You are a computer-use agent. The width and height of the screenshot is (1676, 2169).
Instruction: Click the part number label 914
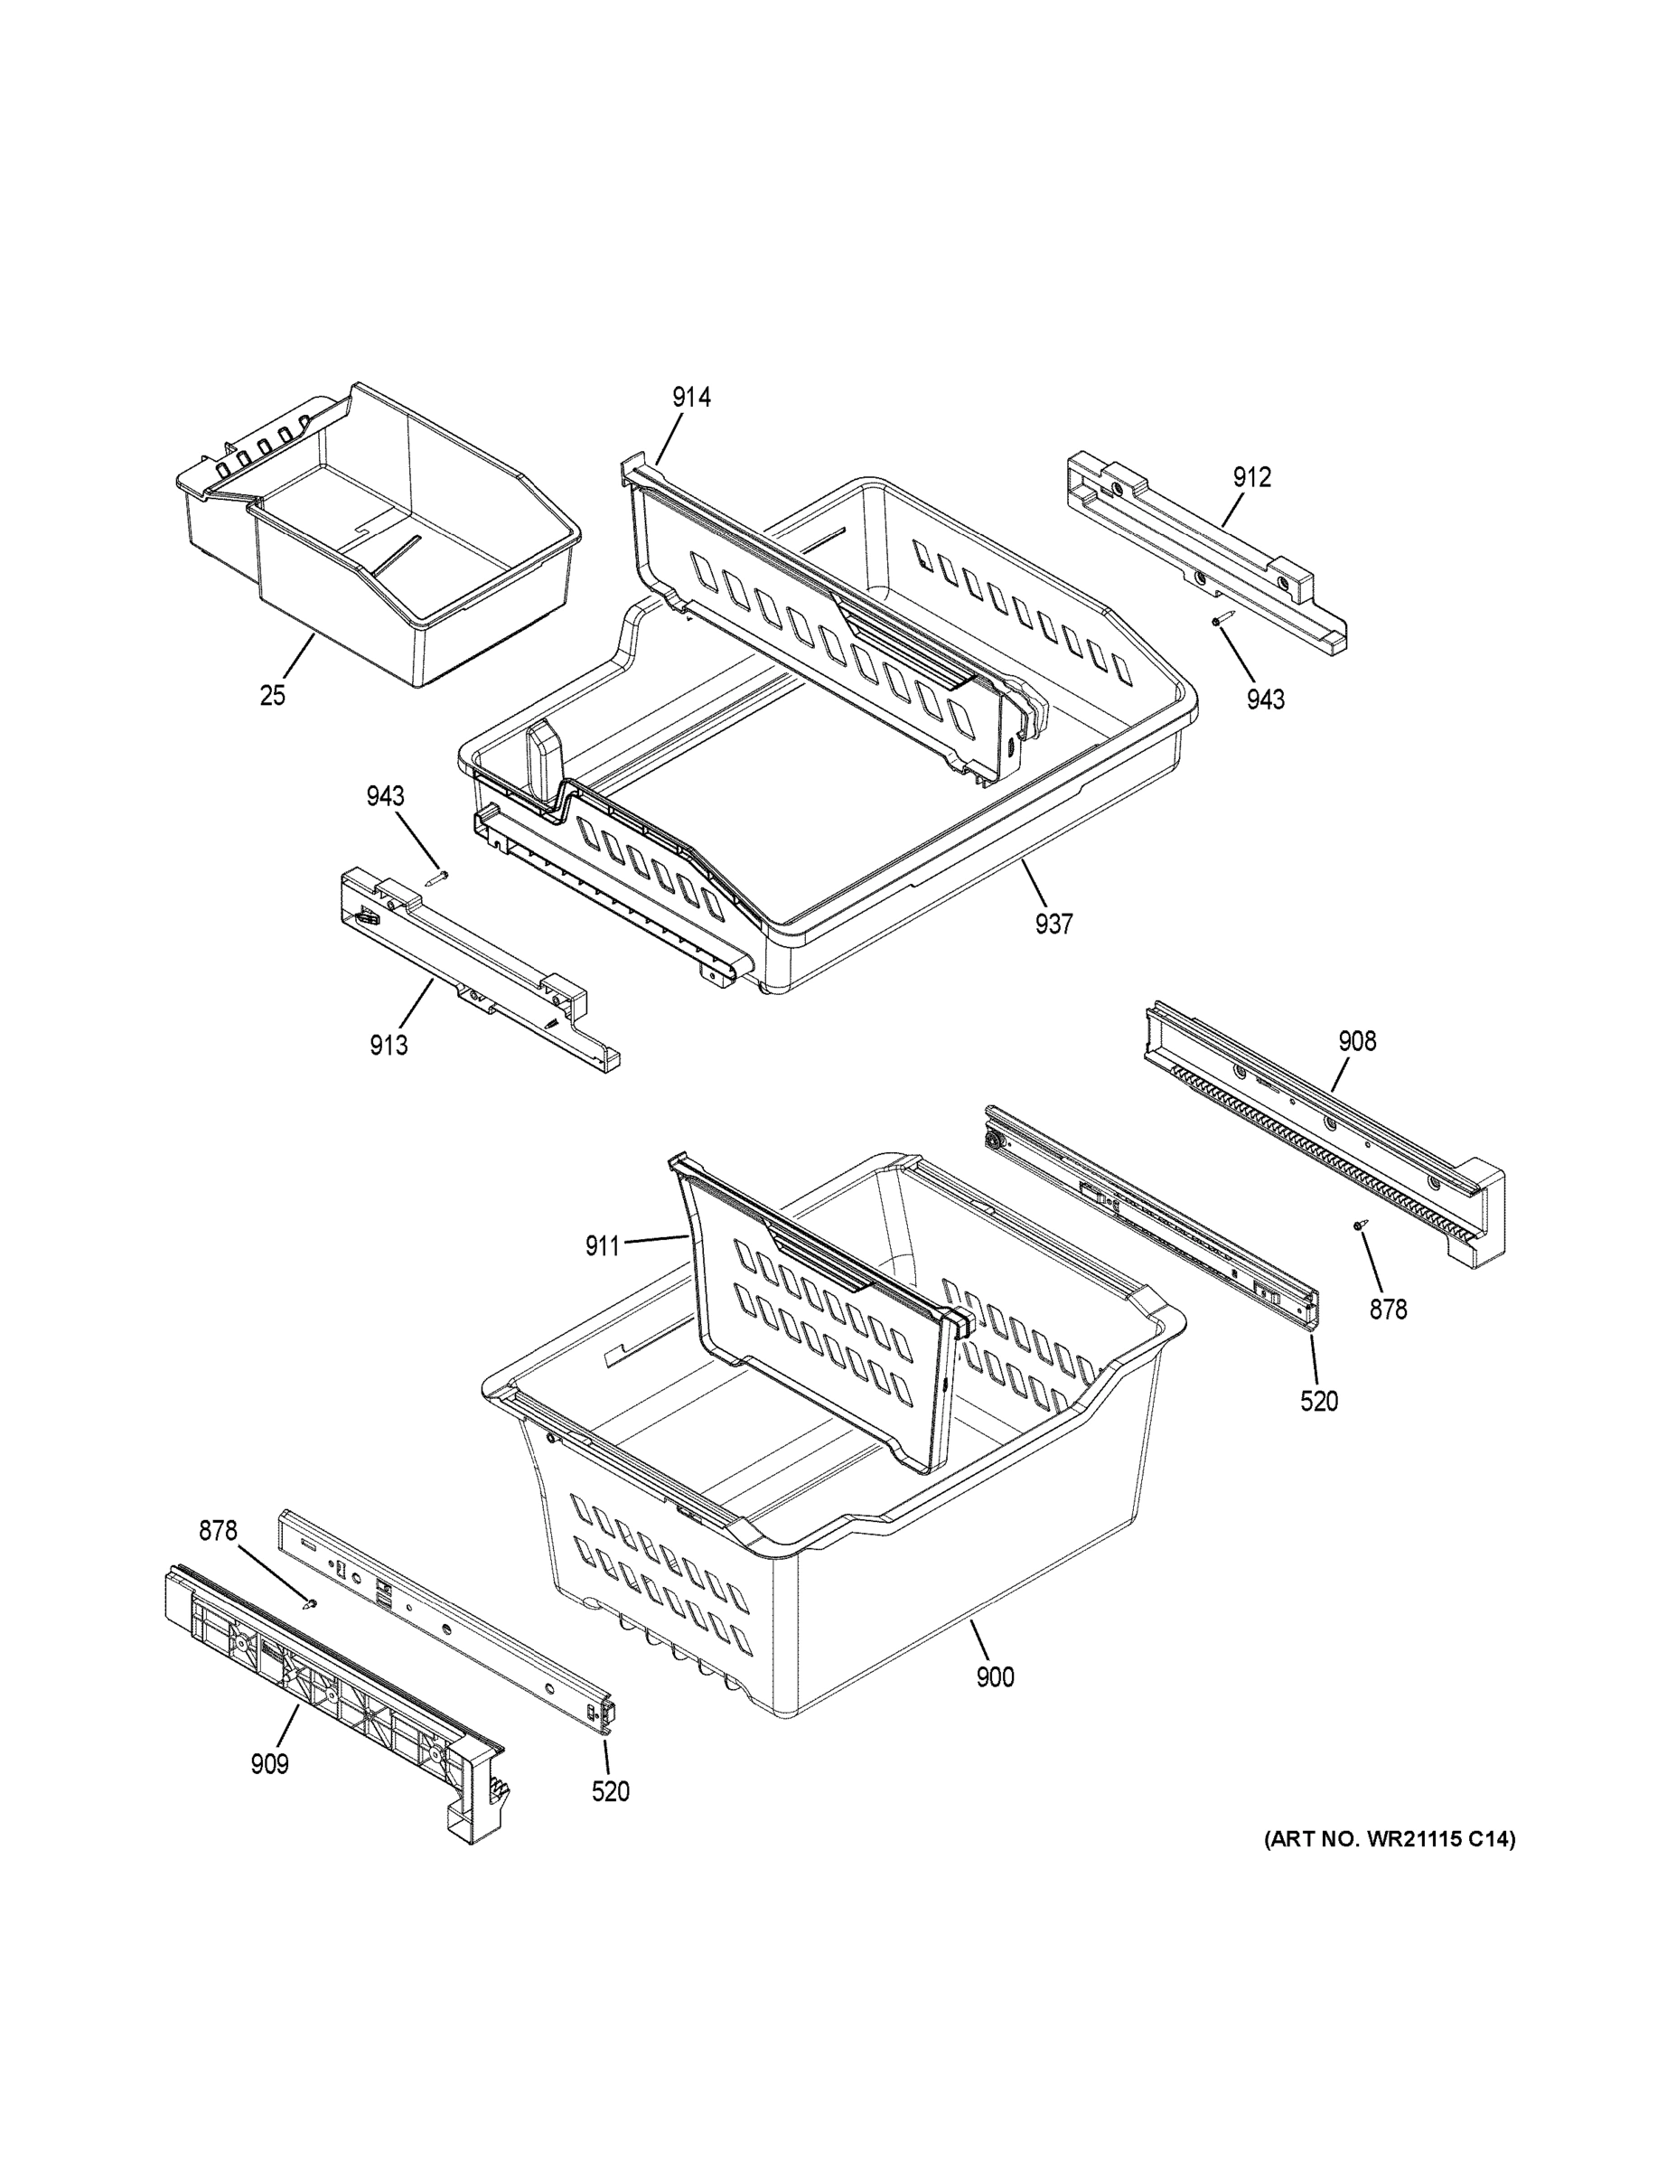691,399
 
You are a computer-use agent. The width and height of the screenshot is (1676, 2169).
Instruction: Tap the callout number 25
272,696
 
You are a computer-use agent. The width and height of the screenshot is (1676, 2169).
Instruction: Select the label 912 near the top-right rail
1252,478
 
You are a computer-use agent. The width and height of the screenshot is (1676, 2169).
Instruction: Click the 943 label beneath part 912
1266,700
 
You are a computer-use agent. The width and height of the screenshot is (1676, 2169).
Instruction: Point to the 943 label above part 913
385,796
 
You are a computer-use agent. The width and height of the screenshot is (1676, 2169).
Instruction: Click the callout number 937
1053,925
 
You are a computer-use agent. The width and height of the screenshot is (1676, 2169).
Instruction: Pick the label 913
389,1046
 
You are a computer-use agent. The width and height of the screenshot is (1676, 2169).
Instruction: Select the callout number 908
1357,1042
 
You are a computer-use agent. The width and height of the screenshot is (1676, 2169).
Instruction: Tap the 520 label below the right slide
1318,1403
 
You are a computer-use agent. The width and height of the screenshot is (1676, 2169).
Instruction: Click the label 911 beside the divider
603,1246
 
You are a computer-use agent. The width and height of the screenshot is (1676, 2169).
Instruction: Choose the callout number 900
995,1677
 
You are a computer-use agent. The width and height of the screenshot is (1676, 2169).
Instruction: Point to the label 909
269,1765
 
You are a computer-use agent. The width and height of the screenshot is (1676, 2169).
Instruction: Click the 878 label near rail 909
218,1532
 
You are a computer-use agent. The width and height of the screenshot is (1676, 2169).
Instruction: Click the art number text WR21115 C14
1389,1840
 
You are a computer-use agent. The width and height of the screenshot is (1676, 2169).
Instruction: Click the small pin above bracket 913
438,877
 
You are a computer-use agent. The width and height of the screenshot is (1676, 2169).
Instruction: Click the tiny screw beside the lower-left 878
312,1603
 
